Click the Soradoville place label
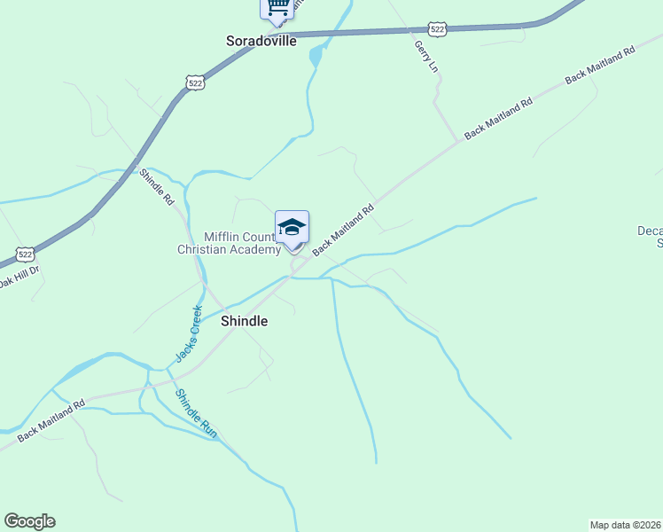pyautogui.click(x=261, y=41)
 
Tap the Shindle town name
pyautogui.click(x=244, y=321)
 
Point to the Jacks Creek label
pyautogui.click(x=189, y=333)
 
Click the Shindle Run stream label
pyautogui.click(x=196, y=413)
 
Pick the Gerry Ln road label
pyautogui.click(x=426, y=55)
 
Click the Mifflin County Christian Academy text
pyautogui.click(x=229, y=243)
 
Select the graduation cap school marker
pyautogui.click(x=292, y=228)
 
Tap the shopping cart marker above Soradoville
pyautogui.click(x=277, y=8)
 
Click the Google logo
pyautogui.click(x=30, y=521)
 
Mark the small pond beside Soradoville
pyautogui.click(x=316, y=57)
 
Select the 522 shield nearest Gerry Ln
pyautogui.click(x=437, y=29)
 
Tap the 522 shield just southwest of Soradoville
pyautogui.click(x=195, y=82)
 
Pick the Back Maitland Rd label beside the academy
pyautogui.click(x=343, y=227)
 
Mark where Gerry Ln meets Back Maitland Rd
pyautogui.click(x=458, y=139)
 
